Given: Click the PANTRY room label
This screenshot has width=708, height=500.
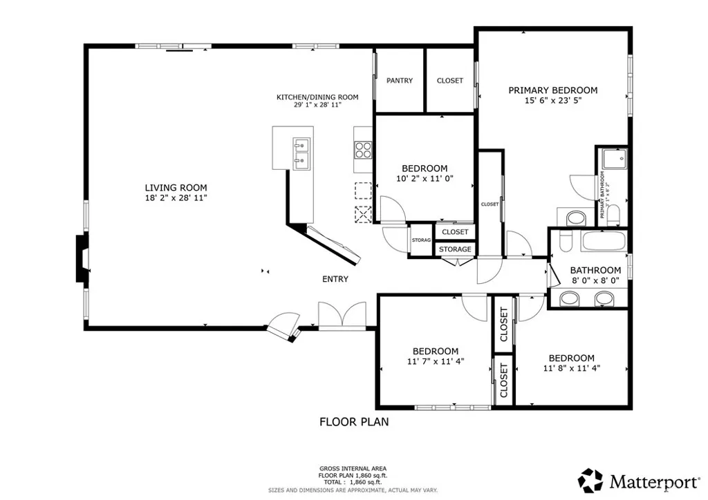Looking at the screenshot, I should tap(400, 81).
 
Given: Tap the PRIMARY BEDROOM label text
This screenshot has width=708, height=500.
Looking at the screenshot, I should tap(552, 90).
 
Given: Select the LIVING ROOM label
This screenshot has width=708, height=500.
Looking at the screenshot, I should tap(176, 187).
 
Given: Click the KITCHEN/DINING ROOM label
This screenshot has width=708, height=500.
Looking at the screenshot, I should tap(317, 97).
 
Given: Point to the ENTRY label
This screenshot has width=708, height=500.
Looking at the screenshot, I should tap(335, 279).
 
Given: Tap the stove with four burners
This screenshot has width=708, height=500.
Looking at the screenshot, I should tap(363, 150).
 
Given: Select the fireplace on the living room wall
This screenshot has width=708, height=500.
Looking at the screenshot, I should tap(82, 258).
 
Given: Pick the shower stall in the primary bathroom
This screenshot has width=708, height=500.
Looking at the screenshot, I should tap(613, 160).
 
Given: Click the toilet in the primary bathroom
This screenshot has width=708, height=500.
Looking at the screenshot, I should tap(575, 219).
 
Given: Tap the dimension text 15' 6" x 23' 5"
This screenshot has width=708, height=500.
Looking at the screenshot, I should tap(552, 101).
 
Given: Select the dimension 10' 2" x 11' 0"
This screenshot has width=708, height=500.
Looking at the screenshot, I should tap(424, 179).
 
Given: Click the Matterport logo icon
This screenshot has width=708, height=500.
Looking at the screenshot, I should tap(590, 479).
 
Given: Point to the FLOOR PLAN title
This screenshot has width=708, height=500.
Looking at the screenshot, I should tap(353, 421).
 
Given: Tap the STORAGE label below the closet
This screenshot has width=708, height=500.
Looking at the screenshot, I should tap(456, 249).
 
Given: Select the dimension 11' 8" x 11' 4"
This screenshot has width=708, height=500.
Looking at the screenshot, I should tap(571, 368).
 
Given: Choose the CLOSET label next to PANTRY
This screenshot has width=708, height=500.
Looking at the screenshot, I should tap(450, 81).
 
